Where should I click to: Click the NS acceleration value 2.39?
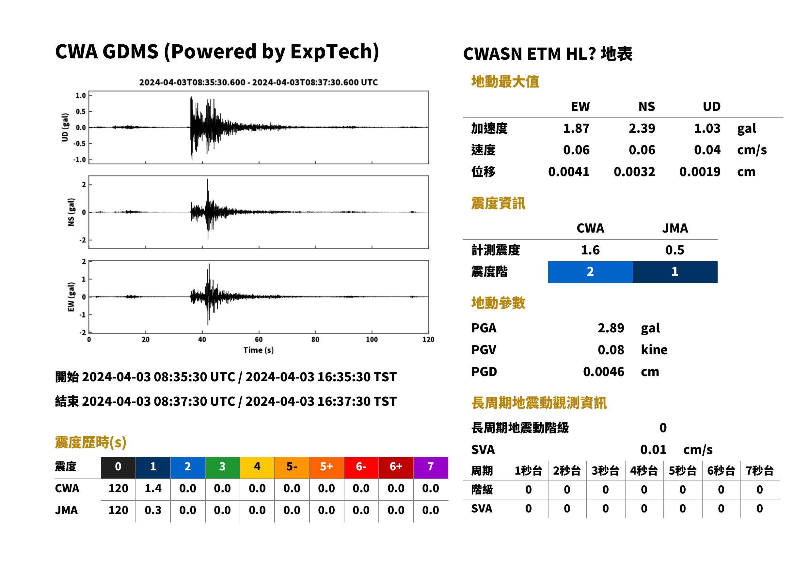click(x=642, y=129)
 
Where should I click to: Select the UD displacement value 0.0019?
click(x=700, y=172)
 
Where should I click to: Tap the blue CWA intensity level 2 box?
click(x=590, y=272)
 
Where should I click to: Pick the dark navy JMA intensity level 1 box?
click(x=675, y=272)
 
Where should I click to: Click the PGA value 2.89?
click(x=611, y=328)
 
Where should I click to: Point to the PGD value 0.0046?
click(x=603, y=372)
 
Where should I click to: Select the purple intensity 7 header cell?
click(x=431, y=467)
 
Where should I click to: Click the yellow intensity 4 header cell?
click(x=257, y=467)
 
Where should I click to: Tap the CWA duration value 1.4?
click(x=153, y=488)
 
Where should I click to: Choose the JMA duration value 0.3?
click(x=153, y=510)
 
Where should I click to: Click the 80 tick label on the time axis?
click(x=315, y=340)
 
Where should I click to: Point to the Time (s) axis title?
click(x=259, y=350)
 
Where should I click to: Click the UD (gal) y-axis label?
click(x=65, y=128)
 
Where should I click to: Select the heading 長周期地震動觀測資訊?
click(x=539, y=403)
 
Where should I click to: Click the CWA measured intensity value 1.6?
click(x=590, y=250)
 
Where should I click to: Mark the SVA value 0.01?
click(x=653, y=450)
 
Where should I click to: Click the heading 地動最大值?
click(x=505, y=82)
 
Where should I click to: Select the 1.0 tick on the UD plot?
click(x=81, y=95)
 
